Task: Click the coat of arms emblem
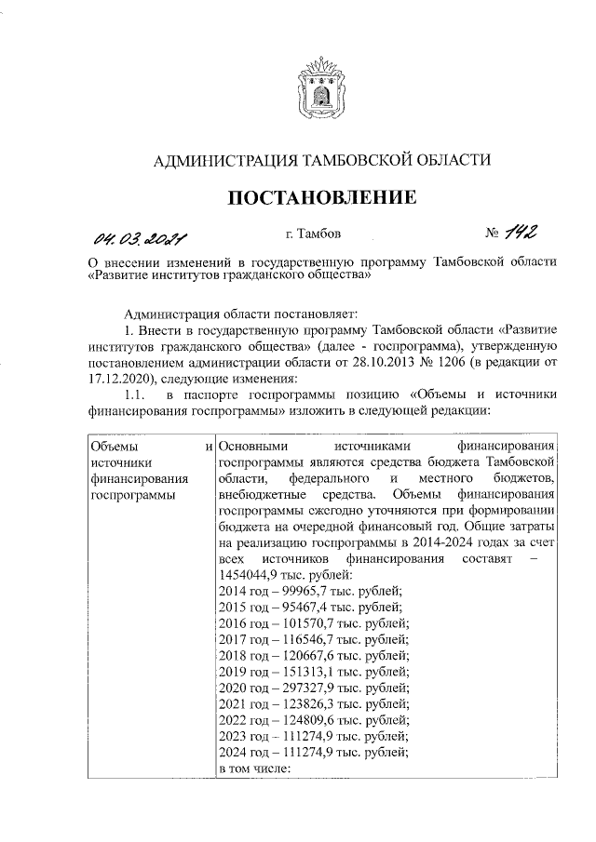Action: pos(322,87)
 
